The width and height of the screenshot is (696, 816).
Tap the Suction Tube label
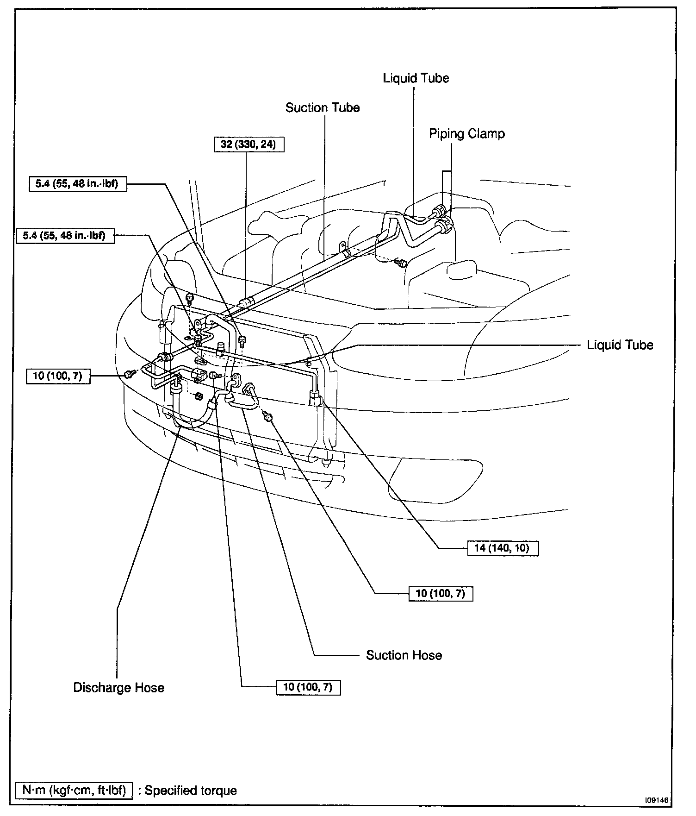tap(322, 107)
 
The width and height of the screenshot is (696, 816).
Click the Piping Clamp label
tap(466, 134)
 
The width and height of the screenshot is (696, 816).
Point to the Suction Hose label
tap(404, 655)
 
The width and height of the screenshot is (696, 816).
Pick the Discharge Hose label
tap(119, 687)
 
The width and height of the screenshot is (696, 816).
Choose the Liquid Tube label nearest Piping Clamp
tap(416, 78)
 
